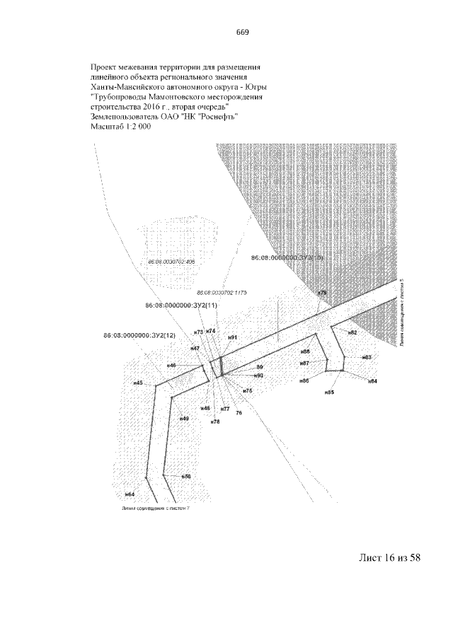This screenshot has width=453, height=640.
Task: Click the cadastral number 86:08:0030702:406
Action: (x=171, y=262)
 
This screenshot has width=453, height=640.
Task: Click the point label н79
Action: (x=322, y=292)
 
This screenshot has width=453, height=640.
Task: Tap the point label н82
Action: (x=352, y=332)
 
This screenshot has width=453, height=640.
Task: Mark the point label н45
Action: (x=138, y=383)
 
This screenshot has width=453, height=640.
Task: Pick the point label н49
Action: (x=183, y=419)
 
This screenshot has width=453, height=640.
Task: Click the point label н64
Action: (x=130, y=494)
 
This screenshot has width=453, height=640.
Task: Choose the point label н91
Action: (x=232, y=338)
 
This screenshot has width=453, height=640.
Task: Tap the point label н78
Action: (x=215, y=421)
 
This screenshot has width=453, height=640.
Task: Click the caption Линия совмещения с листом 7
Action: (x=156, y=508)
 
